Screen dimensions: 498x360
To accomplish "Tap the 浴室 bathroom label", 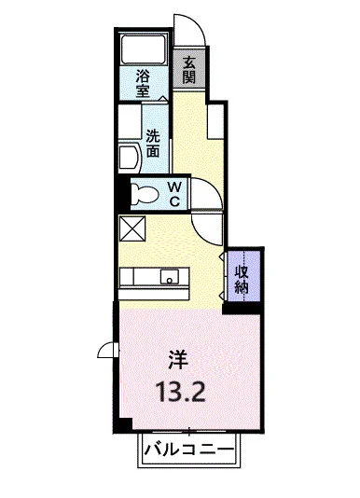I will click(x=145, y=84).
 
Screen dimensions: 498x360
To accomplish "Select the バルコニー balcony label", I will click(x=189, y=451).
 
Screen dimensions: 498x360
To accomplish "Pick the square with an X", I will click(x=131, y=226).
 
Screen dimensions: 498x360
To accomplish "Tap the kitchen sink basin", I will click(x=171, y=276).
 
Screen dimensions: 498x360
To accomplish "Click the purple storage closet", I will click(x=242, y=274).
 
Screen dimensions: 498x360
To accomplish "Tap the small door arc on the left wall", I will click(x=110, y=353).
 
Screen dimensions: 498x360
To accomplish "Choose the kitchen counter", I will click(x=155, y=277).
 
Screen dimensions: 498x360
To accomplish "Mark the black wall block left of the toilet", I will click(x=119, y=194).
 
